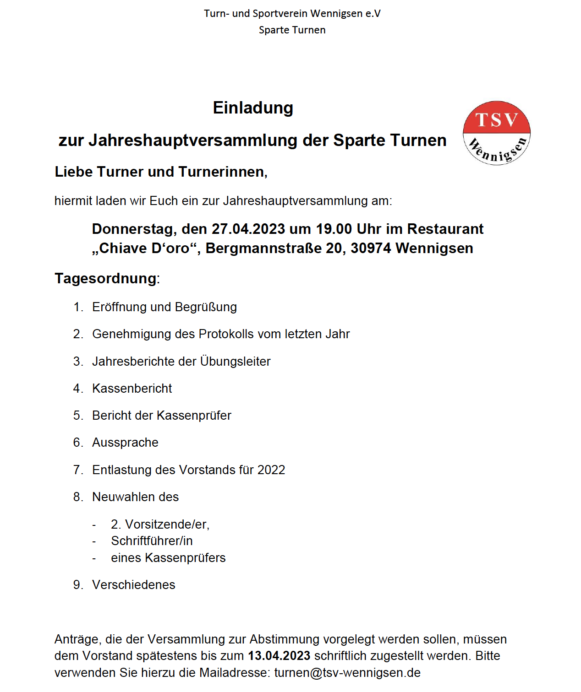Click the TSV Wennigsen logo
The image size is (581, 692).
[x=497, y=133]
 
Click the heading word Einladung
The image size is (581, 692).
[x=253, y=108]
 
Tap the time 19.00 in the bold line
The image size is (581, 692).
[x=334, y=229]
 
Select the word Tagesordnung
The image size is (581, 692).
[x=105, y=278]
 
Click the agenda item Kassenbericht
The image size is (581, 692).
[x=132, y=389]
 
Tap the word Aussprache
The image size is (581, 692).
[x=125, y=443]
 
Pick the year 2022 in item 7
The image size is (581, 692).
[x=271, y=470]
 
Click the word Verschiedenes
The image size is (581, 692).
[x=134, y=585]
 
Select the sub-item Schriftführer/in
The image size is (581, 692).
[x=152, y=541]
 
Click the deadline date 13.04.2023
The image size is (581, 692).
[x=279, y=656]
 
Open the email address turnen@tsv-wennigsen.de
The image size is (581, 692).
[x=347, y=673]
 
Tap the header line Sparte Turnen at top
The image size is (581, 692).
[x=292, y=30]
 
